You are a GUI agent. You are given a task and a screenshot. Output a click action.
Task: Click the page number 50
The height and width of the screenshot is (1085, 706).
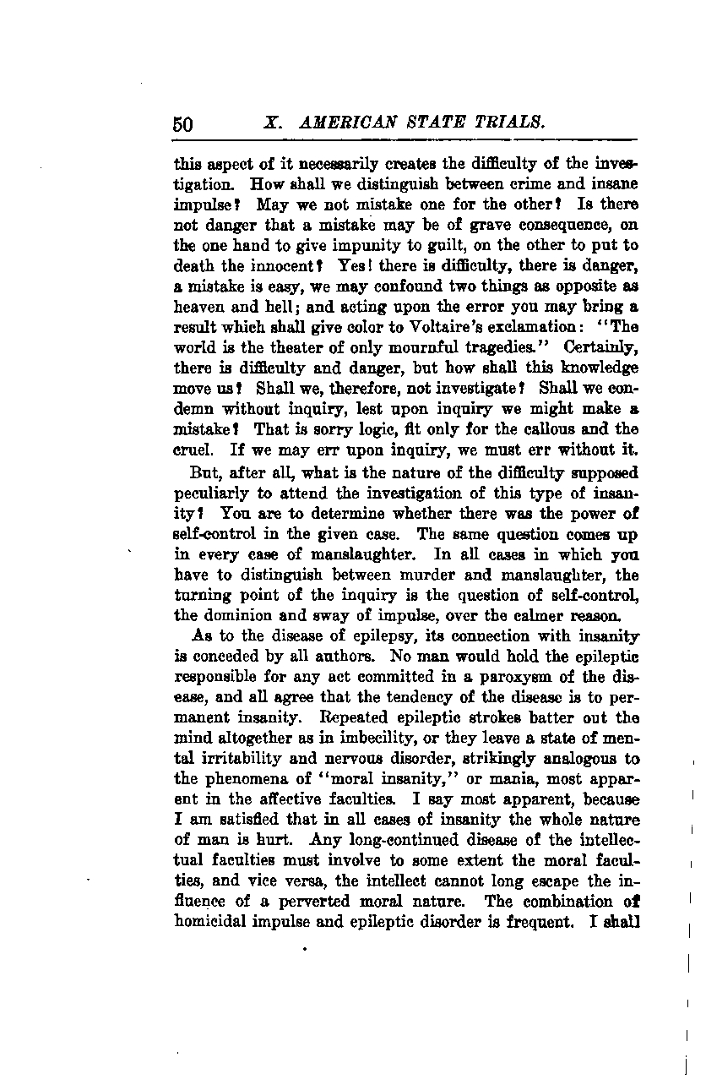click(183, 123)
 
